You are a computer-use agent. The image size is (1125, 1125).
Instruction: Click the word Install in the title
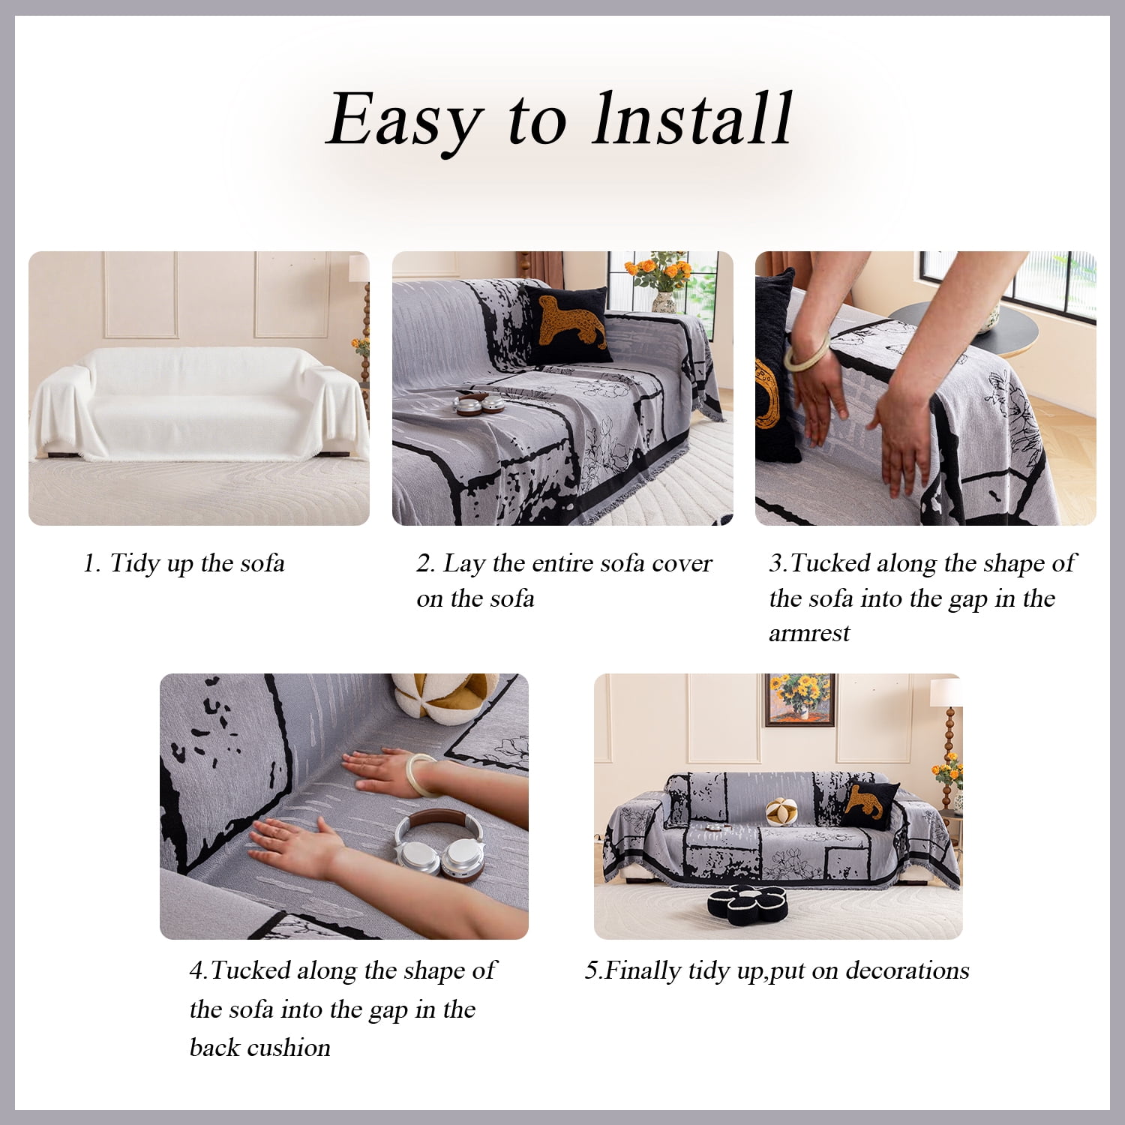point(691,118)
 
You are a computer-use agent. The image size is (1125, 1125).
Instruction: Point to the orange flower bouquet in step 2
point(661,271)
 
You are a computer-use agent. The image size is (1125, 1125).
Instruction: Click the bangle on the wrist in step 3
point(807,352)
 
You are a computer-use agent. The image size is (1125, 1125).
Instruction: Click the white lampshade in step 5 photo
point(946,691)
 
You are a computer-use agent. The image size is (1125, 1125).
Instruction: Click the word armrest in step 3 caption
point(809,634)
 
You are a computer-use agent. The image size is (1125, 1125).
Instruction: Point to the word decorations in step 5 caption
point(907,970)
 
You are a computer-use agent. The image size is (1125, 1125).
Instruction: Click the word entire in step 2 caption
point(556,563)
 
